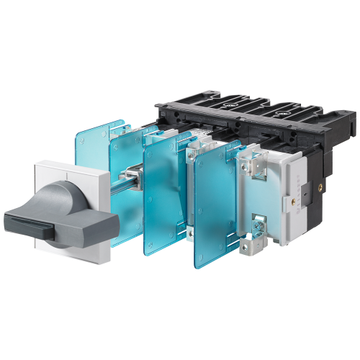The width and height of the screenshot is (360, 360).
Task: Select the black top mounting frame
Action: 238,119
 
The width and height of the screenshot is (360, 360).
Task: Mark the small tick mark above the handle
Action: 72,169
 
